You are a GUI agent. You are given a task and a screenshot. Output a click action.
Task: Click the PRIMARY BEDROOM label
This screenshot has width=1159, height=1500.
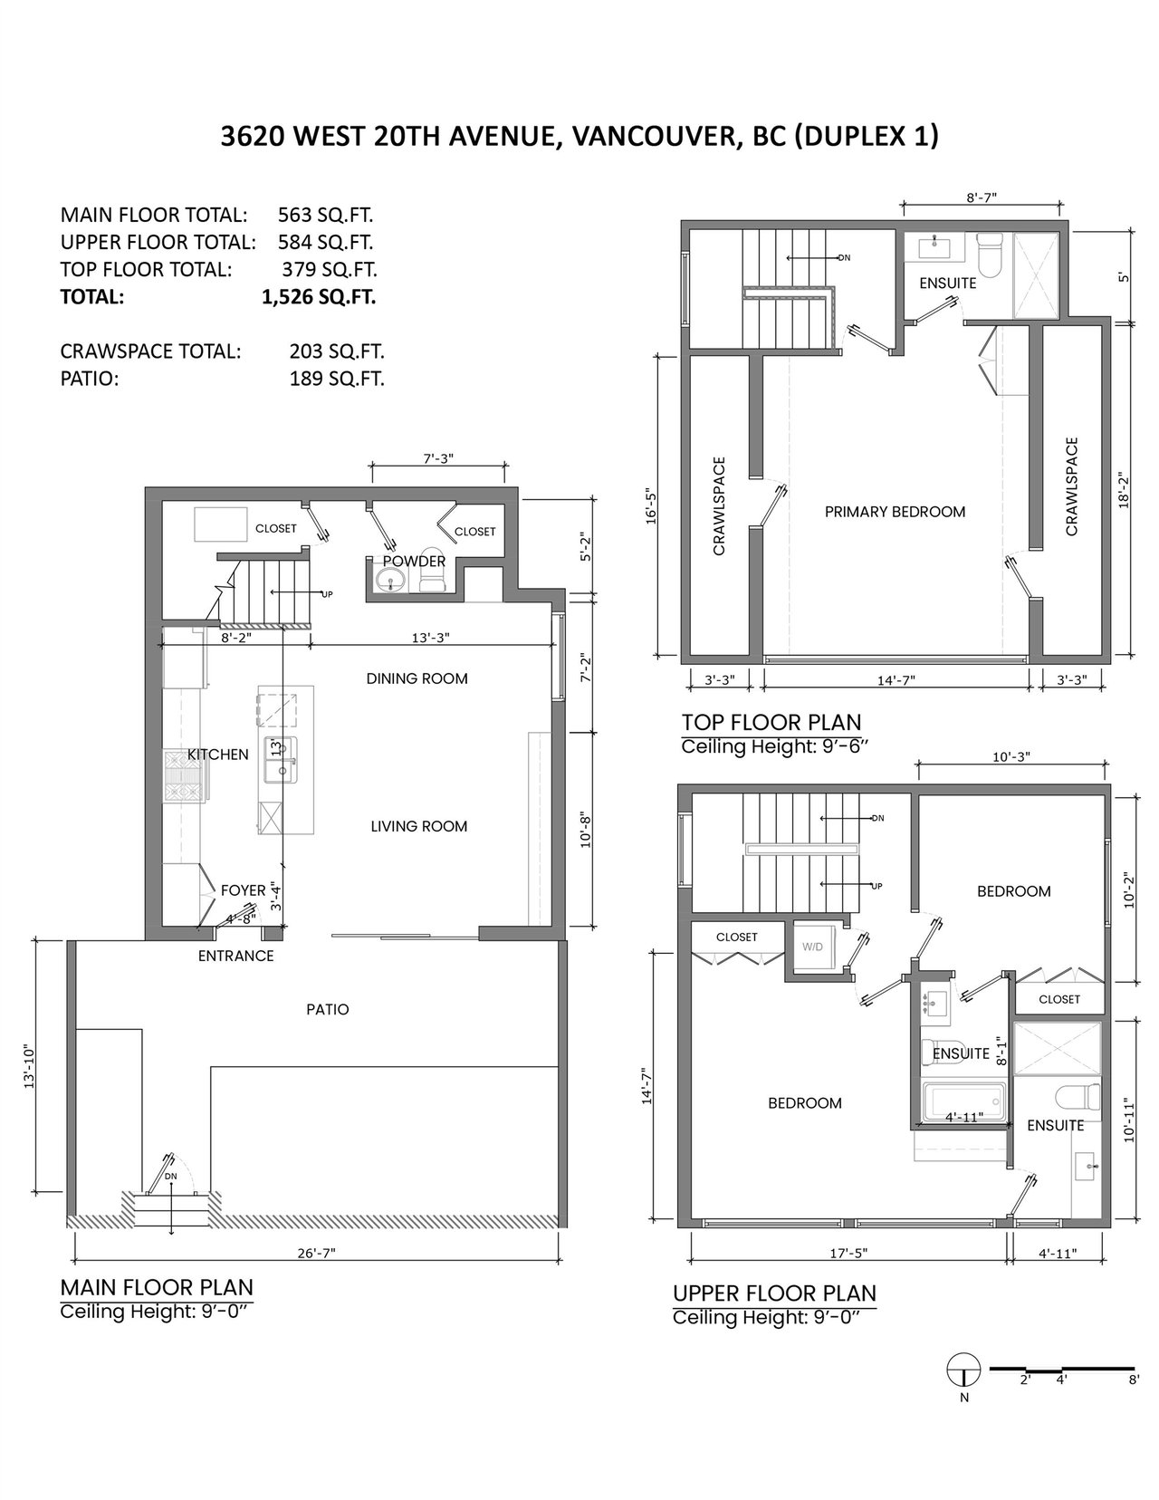click(x=895, y=512)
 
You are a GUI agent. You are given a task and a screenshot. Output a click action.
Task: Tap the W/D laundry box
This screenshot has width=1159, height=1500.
click(x=813, y=947)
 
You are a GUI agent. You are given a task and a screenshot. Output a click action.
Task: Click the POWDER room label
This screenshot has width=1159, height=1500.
click(x=414, y=562)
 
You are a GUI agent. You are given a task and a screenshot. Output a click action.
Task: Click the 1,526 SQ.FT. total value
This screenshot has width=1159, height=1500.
click(x=319, y=297)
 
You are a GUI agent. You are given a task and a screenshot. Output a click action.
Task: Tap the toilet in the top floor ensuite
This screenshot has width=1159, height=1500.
click(x=990, y=255)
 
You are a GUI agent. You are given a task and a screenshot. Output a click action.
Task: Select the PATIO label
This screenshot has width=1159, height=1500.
click(x=328, y=1009)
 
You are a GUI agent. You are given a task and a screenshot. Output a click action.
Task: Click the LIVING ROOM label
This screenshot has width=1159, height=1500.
click(x=418, y=826)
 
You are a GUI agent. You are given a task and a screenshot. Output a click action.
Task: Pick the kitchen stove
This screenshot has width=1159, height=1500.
click(x=184, y=776)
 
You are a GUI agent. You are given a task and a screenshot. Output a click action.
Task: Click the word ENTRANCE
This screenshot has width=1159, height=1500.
click(x=236, y=956)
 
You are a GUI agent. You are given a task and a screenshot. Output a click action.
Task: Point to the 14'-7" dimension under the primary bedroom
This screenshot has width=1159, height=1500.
click(x=896, y=680)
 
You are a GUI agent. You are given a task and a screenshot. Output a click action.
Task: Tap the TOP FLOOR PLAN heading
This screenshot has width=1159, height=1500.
click(x=771, y=722)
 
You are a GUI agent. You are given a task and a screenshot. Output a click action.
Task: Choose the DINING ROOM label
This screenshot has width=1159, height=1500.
click(x=417, y=678)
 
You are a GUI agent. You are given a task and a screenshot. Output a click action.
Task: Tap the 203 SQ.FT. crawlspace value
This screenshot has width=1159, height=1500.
click(x=337, y=351)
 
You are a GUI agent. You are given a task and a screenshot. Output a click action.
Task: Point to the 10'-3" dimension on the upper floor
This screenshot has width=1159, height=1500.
click(x=1011, y=756)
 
